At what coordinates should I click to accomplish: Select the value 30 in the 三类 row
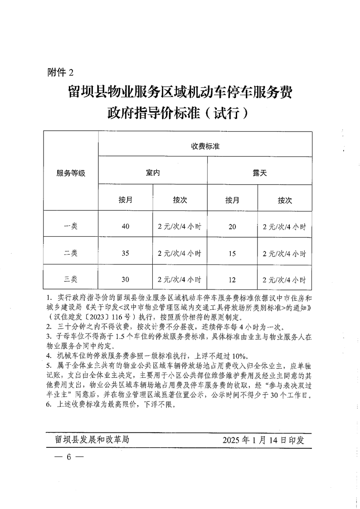click(126, 279)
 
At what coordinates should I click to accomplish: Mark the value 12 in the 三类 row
click(232, 279)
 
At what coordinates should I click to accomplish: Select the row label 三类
click(71, 279)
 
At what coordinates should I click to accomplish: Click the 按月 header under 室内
click(126, 200)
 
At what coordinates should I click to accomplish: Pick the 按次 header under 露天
click(285, 200)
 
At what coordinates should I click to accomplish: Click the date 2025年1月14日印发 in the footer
click(263, 440)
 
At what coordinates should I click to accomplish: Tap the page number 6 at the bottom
click(69, 456)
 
